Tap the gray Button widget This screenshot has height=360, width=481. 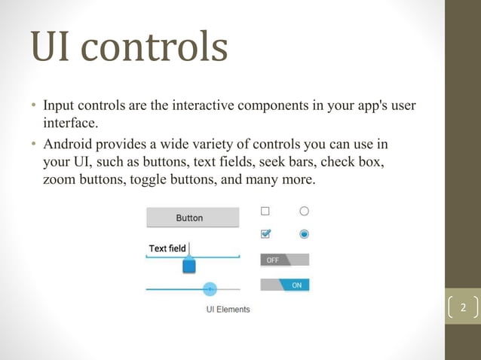point(189,218)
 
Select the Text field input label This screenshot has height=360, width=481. point(167,249)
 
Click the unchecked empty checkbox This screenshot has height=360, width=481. point(265,212)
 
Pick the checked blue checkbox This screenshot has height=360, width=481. point(265,234)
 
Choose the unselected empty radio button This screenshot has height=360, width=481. point(304,212)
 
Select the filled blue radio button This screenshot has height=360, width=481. point(304,234)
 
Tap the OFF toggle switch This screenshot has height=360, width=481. point(284,260)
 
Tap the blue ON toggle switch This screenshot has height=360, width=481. point(285,285)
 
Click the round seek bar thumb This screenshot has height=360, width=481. point(210,289)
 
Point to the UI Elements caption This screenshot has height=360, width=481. point(228,310)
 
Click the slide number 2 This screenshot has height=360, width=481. point(463,308)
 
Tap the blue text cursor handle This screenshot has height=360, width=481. point(189,266)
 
